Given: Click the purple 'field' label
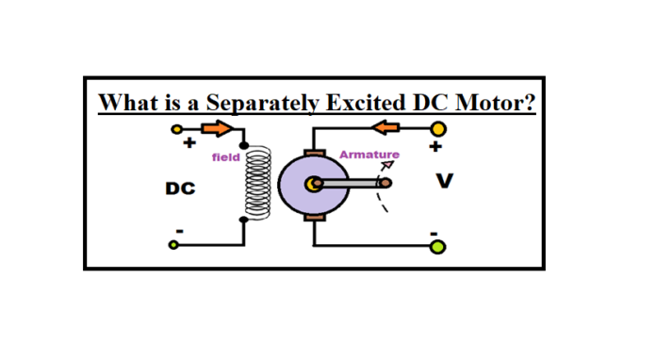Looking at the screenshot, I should [x=225, y=157].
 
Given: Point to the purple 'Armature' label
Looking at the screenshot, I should [x=369, y=154].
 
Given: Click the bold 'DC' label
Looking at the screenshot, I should [x=180, y=189].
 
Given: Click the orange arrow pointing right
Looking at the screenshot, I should [x=217, y=129].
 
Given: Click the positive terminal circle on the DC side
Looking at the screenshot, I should [x=174, y=129].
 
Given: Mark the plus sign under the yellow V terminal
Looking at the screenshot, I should [x=435, y=148].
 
